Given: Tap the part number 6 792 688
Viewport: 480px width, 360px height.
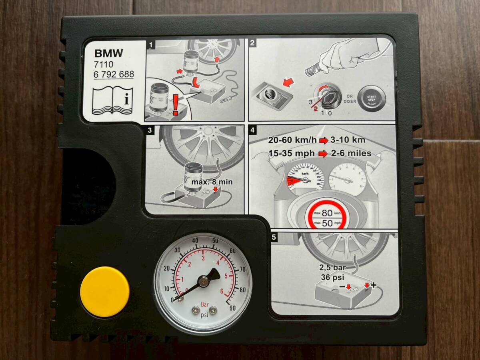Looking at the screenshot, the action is [114, 74].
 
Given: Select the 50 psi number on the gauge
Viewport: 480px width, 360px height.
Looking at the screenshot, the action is [214, 241].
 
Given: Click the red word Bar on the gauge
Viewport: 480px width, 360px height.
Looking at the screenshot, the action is [204, 304].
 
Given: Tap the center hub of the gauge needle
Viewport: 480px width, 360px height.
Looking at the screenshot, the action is [203, 282].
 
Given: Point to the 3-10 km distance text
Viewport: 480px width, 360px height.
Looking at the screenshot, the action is [348, 140].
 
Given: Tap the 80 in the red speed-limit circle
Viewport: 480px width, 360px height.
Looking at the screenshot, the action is [327, 212].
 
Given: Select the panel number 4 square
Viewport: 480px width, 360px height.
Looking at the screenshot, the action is [252, 130].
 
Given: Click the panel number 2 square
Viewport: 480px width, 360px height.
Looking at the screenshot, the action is [252, 44].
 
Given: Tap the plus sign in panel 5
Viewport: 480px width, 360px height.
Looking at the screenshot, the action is [374, 285].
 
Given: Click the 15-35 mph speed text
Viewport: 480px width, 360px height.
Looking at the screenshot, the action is [292, 153].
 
